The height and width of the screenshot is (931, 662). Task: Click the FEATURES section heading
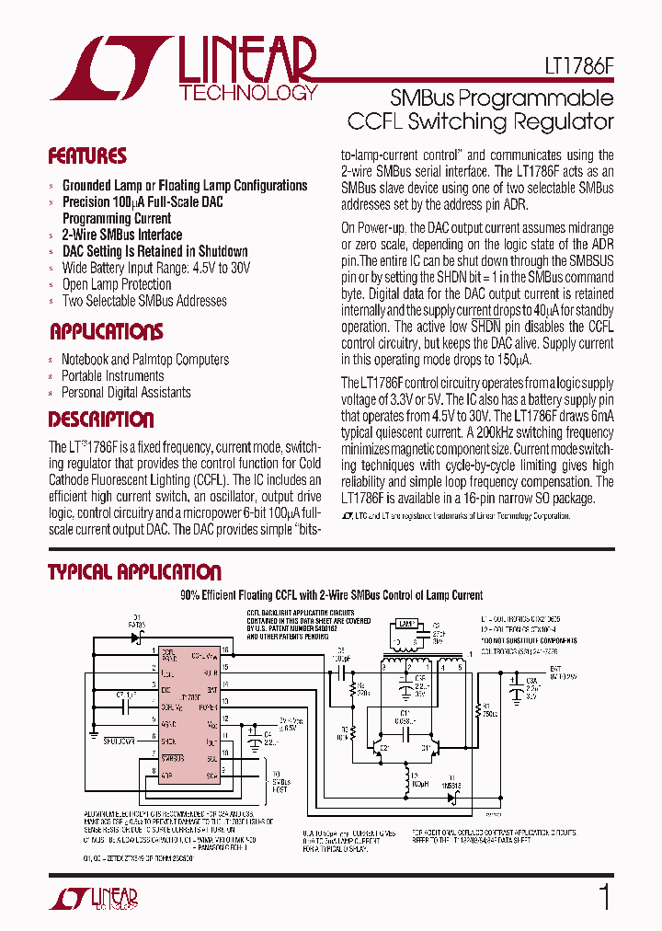(x=87, y=156)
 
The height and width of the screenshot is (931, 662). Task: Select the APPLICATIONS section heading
(x=106, y=331)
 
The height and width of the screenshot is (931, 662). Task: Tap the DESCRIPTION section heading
(x=100, y=420)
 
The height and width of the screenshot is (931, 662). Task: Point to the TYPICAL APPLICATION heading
(x=134, y=572)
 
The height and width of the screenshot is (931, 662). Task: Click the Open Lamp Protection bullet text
(x=117, y=284)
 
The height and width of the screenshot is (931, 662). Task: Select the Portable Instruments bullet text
(x=112, y=375)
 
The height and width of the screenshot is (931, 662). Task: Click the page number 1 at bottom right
(x=604, y=897)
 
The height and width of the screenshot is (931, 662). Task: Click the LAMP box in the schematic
(x=408, y=623)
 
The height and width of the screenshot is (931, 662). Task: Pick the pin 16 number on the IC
(x=223, y=649)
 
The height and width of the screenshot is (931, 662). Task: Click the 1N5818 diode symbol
(x=450, y=797)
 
